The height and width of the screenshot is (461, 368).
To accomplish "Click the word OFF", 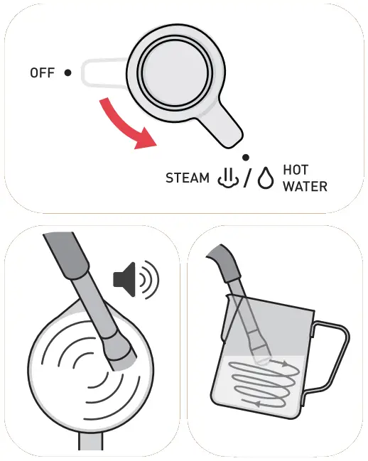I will click(x=42, y=72).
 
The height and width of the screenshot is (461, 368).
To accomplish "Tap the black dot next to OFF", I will click(x=67, y=72).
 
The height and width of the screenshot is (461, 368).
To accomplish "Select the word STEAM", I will click(x=188, y=178).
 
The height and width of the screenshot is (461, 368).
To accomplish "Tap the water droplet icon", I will click(x=266, y=178).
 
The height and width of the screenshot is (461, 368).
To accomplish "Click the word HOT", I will click(x=296, y=170).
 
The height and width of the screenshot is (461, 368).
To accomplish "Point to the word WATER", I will click(x=305, y=187).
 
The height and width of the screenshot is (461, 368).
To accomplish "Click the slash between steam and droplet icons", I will click(x=246, y=178).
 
